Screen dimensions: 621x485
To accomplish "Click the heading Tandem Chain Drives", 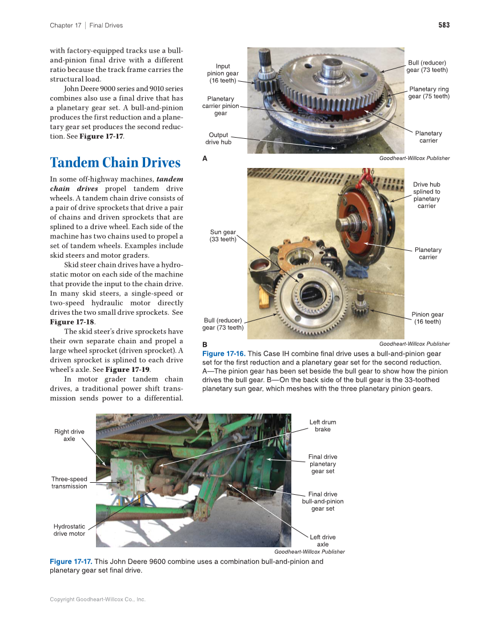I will (115, 163).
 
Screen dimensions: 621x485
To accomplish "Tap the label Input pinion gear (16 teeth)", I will (223, 73).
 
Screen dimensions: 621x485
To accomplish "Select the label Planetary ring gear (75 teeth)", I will (429, 93).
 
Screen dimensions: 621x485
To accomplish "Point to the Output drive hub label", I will (218, 138).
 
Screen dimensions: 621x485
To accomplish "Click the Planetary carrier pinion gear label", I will (221, 106).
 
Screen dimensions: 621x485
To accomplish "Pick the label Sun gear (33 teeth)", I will (223, 235).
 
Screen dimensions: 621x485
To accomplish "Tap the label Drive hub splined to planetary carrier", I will (427, 195).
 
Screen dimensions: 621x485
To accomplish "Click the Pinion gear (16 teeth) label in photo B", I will (427, 318).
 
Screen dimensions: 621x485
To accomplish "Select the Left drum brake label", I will (322, 426).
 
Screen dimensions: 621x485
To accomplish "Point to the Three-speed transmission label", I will (69, 483).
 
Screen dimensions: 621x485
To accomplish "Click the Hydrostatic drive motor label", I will (69, 530).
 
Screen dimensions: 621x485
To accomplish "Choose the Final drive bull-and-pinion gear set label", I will (322, 501).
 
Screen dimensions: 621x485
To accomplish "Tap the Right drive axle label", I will (69, 435).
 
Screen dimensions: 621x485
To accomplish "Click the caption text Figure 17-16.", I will (223, 354).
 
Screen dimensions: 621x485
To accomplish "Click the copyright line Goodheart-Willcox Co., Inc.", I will (98, 599).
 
